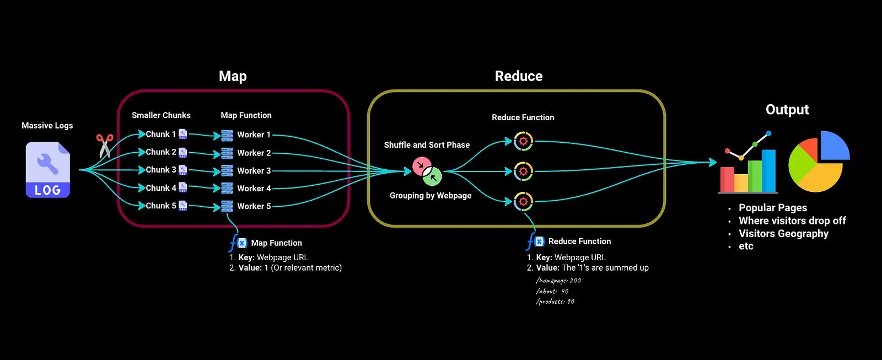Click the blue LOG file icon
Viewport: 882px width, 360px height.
point(48,170)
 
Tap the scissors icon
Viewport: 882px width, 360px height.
point(104,146)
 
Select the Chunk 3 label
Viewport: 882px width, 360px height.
point(160,170)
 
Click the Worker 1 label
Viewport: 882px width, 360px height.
point(254,135)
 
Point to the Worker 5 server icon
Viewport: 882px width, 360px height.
point(227,206)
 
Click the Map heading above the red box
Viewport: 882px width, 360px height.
point(233,76)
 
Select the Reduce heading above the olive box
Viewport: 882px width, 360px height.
point(518,76)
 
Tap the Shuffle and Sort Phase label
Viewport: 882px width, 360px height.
point(427,145)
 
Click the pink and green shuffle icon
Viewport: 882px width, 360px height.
point(427,171)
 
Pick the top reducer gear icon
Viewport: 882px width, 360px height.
point(523,142)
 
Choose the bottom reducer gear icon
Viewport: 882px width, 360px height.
point(523,201)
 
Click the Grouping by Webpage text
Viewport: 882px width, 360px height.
point(430,196)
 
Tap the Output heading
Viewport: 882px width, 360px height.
point(787,110)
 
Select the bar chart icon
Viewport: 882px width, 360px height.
point(748,165)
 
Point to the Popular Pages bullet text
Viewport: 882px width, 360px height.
point(772,208)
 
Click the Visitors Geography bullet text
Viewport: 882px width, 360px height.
point(783,234)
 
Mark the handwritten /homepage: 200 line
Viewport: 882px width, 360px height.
point(558,281)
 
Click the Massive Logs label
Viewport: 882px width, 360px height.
point(47,126)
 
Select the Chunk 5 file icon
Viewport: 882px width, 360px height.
point(182,206)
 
